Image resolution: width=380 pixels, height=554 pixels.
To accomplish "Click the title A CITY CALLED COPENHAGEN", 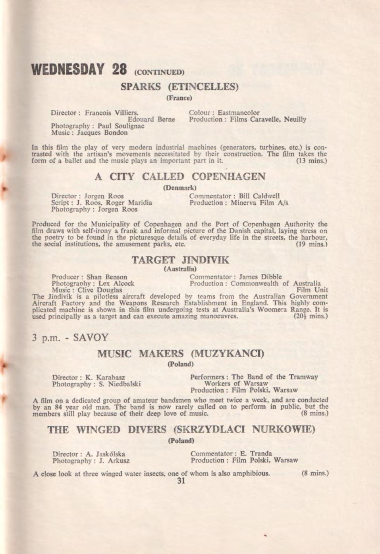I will point(180,177).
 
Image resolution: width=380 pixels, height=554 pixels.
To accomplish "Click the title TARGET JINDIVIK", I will point(180,260).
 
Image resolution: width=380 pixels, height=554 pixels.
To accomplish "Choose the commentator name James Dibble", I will point(260,277).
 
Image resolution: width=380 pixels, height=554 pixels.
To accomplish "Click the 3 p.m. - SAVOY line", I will point(70,338).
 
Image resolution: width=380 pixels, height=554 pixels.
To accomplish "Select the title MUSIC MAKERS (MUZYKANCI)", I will point(181,353).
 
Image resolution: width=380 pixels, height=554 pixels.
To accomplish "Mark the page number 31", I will point(181,481).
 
